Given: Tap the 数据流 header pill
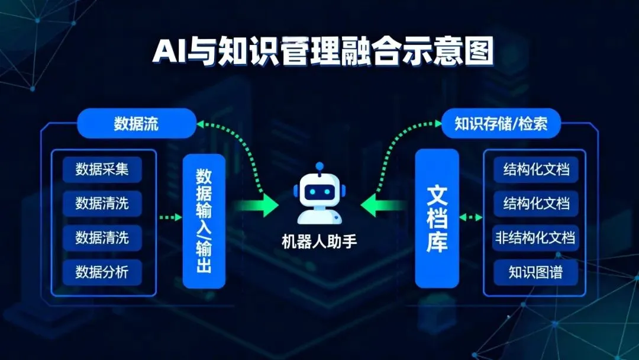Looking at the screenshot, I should [x=136, y=124].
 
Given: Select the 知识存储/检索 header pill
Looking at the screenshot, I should [x=501, y=124].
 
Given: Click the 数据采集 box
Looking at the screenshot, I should [x=102, y=170].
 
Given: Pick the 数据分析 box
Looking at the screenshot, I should [x=102, y=272].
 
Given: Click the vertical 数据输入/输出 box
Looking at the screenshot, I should [x=204, y=221].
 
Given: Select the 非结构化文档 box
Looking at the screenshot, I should [x=534, y=238].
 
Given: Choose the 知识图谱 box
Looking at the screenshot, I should [x=535, y=272].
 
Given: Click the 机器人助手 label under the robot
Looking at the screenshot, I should [x=319, y=242].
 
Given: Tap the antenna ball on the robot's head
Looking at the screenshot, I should [x=319, y=166].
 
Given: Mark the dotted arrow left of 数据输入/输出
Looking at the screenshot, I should [x=170, y=218].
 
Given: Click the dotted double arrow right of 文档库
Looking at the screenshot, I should [x=471, y=217].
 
